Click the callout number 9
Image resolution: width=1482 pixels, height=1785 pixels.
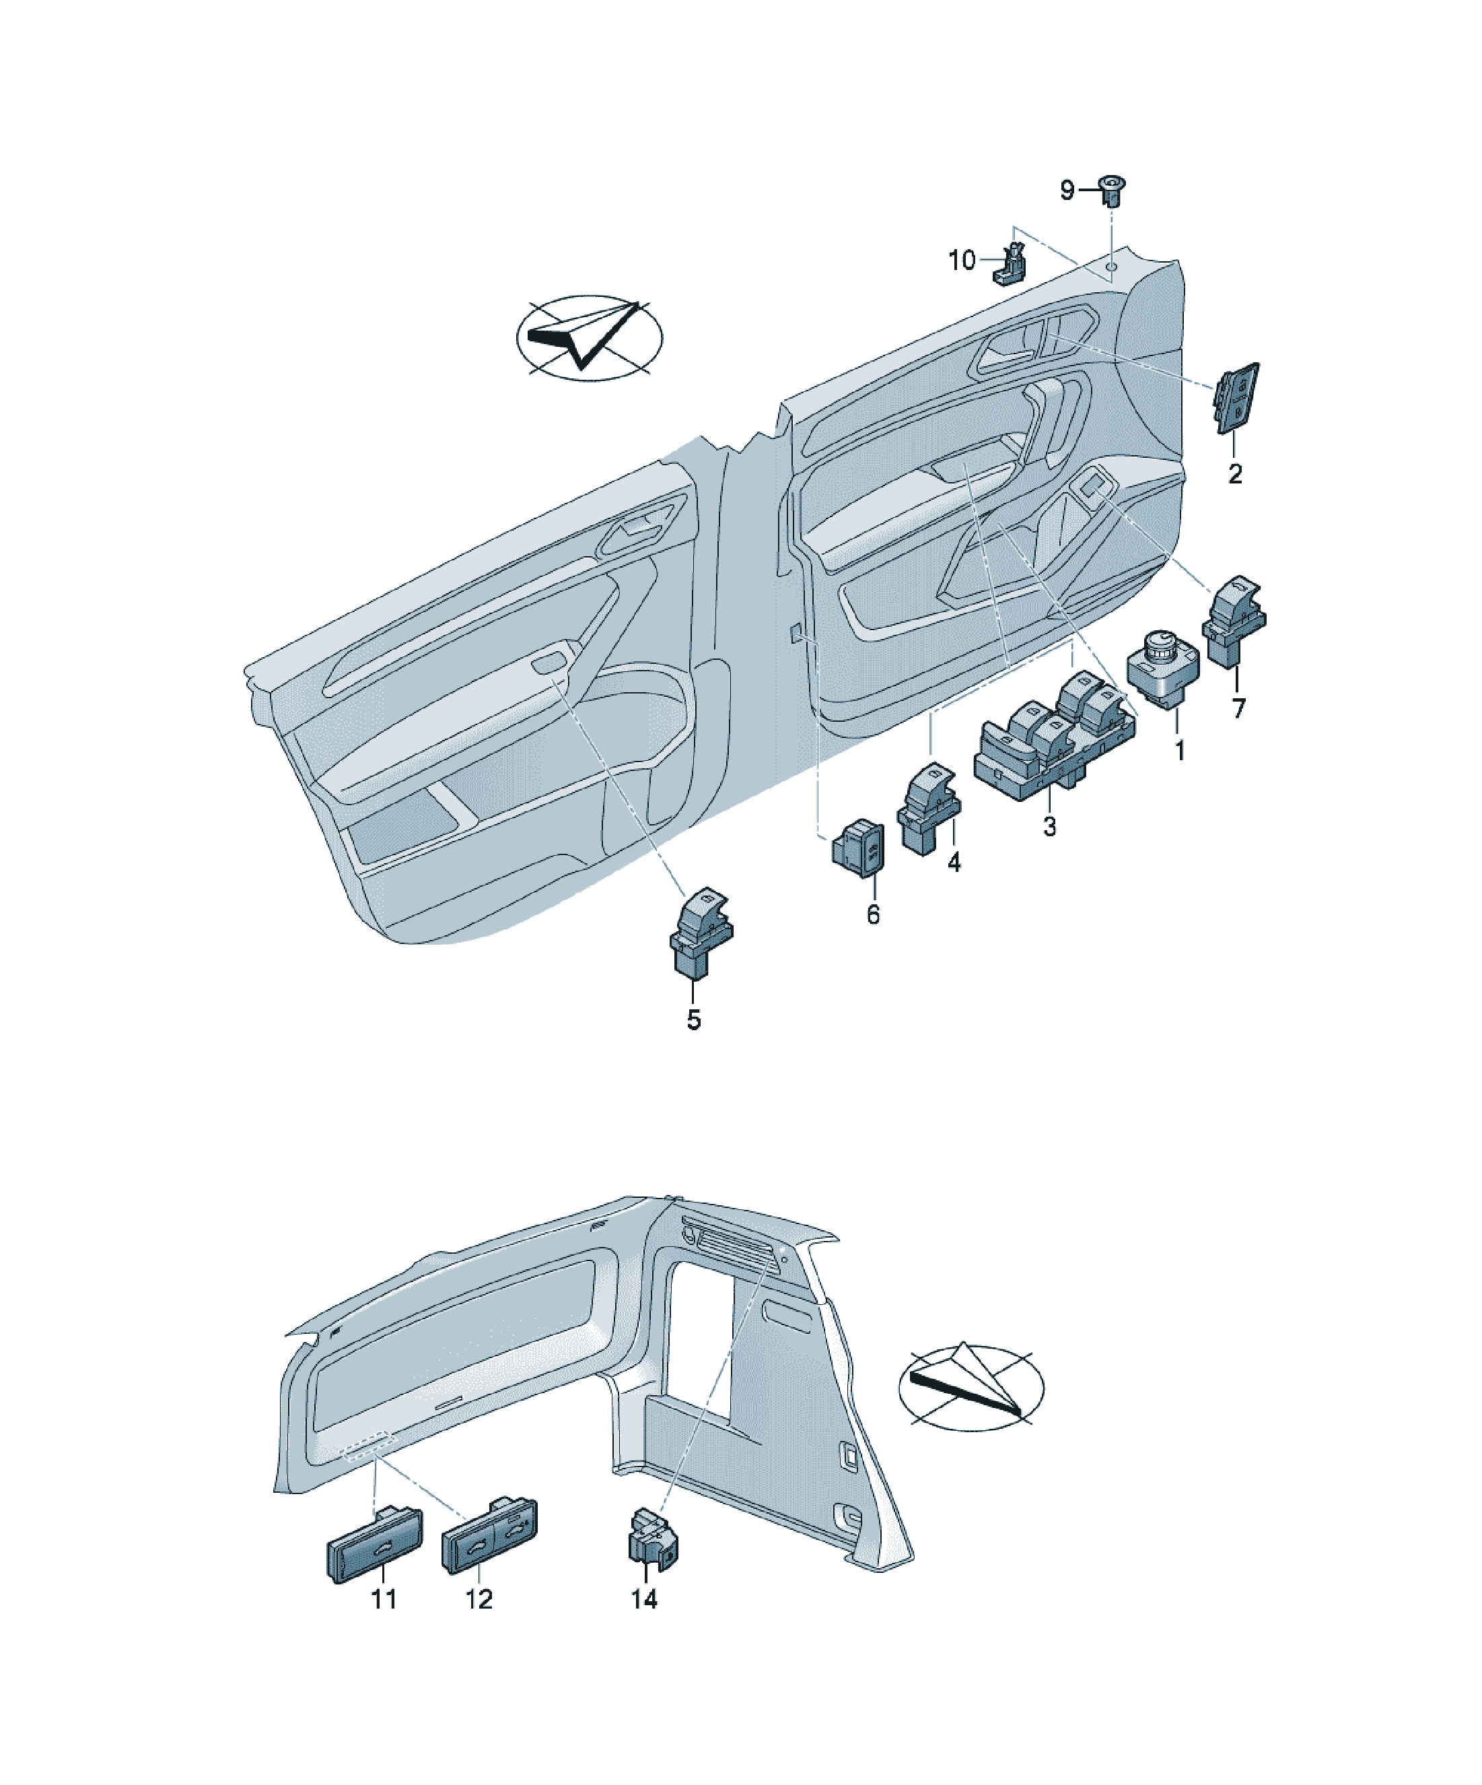[x=1067, y=191]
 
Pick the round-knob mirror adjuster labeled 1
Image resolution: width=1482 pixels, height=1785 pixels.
[x=1162, y=668]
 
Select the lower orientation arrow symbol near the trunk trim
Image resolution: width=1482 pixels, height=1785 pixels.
[x=971, y=1387]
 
